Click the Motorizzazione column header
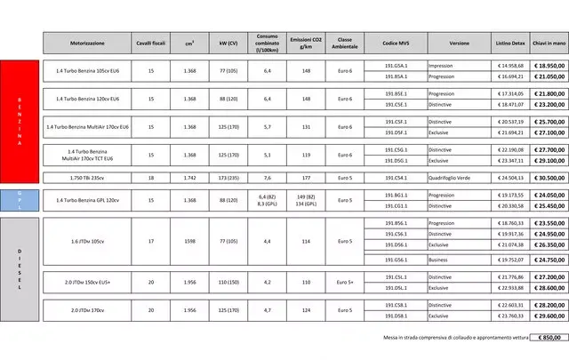87,43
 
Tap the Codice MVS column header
396,43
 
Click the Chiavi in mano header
550,43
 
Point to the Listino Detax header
511,43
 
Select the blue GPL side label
20,200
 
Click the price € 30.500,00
550,178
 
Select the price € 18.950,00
550,66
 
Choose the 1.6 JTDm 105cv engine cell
87,241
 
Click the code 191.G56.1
396,260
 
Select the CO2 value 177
305,178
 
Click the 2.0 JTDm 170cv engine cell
87,310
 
